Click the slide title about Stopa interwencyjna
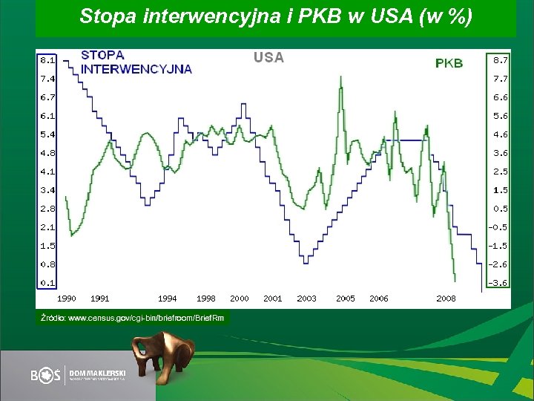pyautogui.click(x=275, y=16)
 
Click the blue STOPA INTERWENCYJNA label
pyautogui.click(x=136, y=62)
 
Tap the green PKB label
pyautogui.click(x=449, y=63)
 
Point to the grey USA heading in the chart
pyautogui.click(x=268, y=57)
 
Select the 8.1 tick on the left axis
pyautogui.click(x=47, y=59)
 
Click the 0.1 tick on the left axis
pyautogui.click(x=47, y=282)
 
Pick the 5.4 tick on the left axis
pyautogui.click(x=47, y=134)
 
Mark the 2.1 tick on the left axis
pyautogui.click(x=47, y=227)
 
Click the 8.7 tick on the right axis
pyautogui.click(x=501, y=59)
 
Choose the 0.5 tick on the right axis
pyautogui.click(x=501, y=209)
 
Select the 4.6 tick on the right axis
pyautogui.click(x=501, y=134)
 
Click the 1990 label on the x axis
pyautogui.click(x=67, y=299)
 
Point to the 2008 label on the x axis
pyautogui.click(x=446, y=299)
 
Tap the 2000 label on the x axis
pyautogui.click(x=240, y=299)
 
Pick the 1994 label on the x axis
pyautogui.click(x=168, y=299)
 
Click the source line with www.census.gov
pyautogui.click(x=131, y=318)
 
